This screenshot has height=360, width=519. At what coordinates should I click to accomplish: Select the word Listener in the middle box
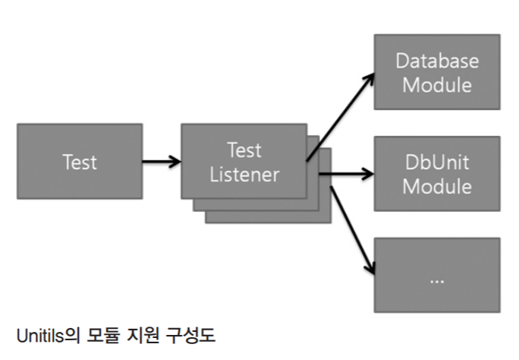(244, 174)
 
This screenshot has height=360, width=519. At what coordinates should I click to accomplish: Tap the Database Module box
(436, 71)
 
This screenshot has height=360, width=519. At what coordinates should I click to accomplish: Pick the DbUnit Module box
(436, 174)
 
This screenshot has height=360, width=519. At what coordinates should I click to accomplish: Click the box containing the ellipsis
(436, 274)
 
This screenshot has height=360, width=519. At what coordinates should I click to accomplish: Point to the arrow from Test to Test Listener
(161, 161)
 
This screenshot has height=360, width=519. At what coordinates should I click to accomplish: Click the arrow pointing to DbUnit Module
(346, 174)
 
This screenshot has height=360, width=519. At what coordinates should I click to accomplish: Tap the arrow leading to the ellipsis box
(348, 229)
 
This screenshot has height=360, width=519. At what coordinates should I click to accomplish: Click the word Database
(436, 60)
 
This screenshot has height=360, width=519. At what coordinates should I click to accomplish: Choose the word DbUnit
(436, 162)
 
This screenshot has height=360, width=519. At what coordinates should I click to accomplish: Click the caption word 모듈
(99, 333)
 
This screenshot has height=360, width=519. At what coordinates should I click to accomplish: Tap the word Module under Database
(436, 84)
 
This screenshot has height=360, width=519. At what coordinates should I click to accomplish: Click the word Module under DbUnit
(436, 186)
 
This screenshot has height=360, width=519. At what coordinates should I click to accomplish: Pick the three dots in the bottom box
(436, 279)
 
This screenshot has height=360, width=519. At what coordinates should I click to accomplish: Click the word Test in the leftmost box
(79, 162)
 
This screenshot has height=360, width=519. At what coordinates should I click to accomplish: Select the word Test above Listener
(244, 150)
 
